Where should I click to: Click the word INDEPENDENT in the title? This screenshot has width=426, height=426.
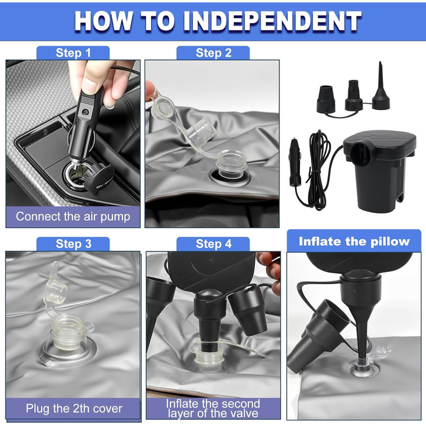point(273,21)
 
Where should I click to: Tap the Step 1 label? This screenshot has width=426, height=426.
point(73,53)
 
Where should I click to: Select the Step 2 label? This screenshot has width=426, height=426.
point(214,53)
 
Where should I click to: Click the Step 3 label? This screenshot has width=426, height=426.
point(74,243)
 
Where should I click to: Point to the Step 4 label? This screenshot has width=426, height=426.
point(214,243)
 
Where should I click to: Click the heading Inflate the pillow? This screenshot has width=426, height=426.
point(354,241)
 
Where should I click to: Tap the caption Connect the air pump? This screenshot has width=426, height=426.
point(73,217)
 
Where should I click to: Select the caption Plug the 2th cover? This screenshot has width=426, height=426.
point(74,408)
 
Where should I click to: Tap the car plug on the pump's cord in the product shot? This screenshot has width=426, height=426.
point(295,162)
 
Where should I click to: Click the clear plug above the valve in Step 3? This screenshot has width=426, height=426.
point(57,293)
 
